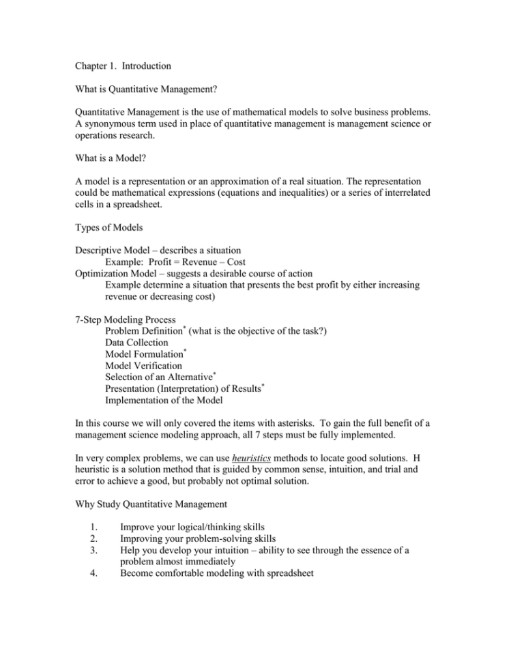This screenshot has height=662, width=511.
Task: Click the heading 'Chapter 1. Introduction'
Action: [122, 67]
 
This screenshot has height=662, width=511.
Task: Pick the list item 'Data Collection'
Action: [136, 343]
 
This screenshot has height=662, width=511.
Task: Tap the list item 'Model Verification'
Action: [143, 365]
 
